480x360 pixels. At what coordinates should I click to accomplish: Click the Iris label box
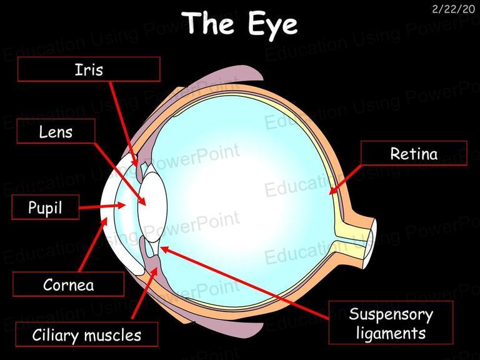tap(89, 69)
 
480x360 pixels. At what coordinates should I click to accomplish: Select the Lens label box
tap(56, 131)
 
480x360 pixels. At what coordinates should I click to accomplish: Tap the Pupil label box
tap(45, 207)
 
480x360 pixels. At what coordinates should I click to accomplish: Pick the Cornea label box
tap(68, 284)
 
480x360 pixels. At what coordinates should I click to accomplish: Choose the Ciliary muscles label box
tap(87, 334)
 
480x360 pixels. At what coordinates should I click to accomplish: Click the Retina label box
tap(414, 153)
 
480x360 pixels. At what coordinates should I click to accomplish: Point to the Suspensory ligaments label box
tap(391, 323)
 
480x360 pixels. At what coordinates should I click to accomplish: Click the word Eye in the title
tap(272, 25)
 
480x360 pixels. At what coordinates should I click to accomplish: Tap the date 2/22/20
tap(453, 9)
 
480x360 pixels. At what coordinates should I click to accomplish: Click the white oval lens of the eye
tap(152, 207)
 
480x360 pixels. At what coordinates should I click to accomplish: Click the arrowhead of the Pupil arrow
tap(122, 205)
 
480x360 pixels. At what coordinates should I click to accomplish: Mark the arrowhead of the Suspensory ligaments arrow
tap(164, 249)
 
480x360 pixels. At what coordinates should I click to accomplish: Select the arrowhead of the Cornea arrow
tap(105, 221)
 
